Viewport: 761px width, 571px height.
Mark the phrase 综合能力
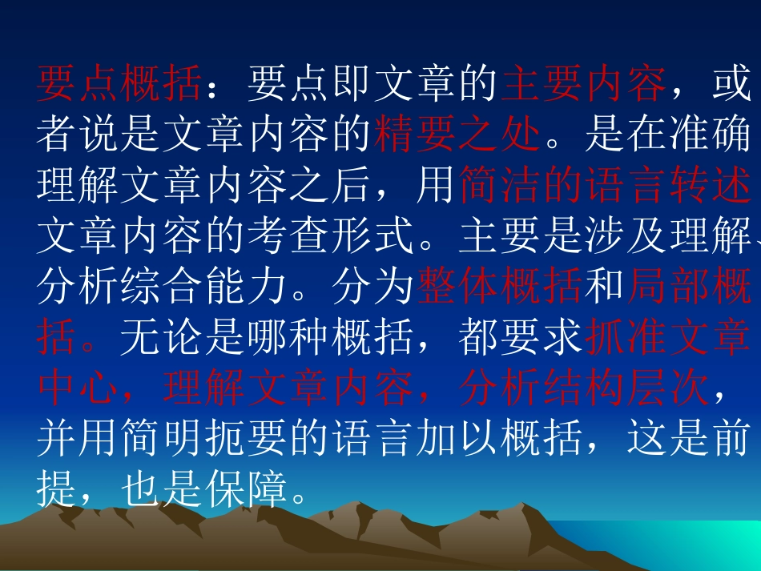203,288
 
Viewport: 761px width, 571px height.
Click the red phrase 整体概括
499,288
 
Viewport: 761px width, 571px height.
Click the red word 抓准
625,338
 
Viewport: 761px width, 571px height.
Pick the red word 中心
79,389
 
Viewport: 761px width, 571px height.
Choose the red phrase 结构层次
625,389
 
